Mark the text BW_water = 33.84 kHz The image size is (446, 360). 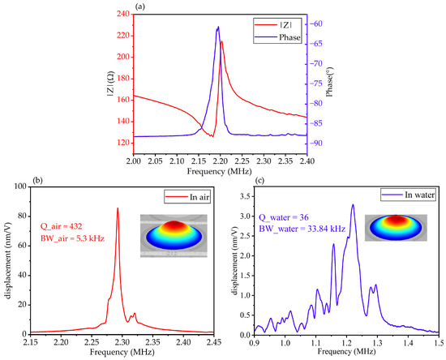pyautogui.click(x=314, y=229)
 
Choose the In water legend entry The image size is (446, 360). pyautogui.click(x=412, y=199)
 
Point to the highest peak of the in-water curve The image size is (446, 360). pyautogui.click(x=353, y=204)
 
